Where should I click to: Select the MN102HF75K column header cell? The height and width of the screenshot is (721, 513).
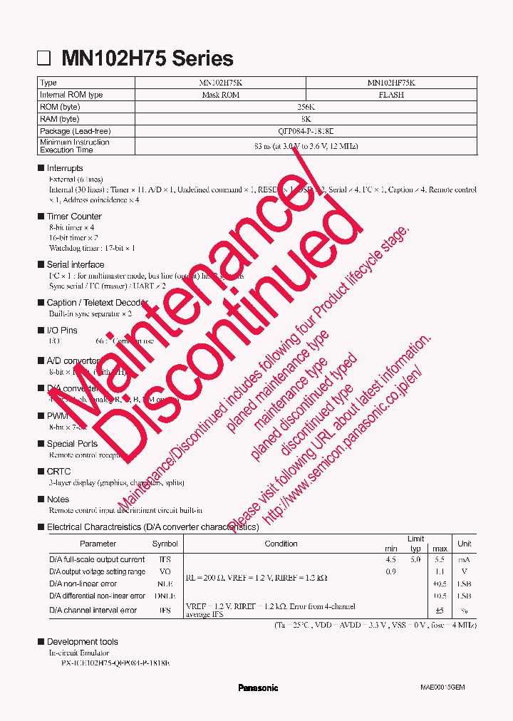[x=391, y=83]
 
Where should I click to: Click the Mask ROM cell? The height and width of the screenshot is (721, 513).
[x=220, y=95]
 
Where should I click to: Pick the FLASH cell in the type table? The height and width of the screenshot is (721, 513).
[x=391, y=95]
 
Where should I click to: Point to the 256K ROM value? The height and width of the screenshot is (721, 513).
[x=306, y=107]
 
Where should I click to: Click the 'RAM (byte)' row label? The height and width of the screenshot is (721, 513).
[x=60, y=119]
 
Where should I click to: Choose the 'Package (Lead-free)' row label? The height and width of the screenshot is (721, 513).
[x=76, y=131]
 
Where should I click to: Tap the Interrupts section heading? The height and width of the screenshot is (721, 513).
[x=65, y=168]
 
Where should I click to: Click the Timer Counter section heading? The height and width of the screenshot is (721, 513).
[x=74, y=216]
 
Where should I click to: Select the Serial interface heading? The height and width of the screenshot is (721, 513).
[x=76, y=264]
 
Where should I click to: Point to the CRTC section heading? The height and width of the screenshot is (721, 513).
[x=58, y=471]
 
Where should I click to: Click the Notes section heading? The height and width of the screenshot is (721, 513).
[x=58, y=499]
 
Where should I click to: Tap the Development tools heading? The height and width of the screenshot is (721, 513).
[x=82, y=641]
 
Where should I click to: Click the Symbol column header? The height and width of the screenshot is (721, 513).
[x=165, y=544]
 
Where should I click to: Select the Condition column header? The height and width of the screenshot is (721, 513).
[x=281, y=544]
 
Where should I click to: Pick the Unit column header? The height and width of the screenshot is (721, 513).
[x=464, y=544]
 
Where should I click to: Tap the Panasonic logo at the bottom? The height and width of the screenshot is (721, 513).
[x=258, y=688]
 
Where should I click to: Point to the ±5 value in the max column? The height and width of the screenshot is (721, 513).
[x=440, y=611]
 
